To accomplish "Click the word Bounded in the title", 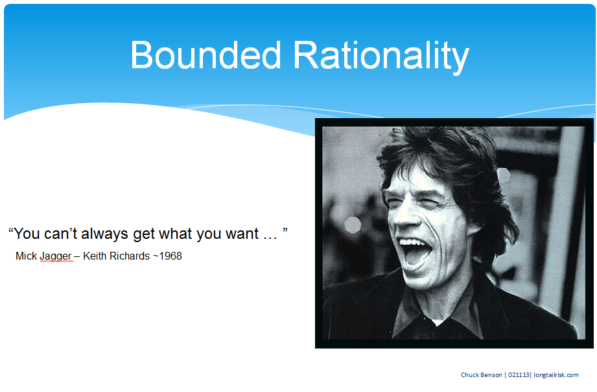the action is (205, 55).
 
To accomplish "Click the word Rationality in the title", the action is (381, 57).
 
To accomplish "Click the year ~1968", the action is (167, 256).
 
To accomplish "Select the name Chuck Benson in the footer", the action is (481, 375).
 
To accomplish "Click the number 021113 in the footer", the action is (519, 375).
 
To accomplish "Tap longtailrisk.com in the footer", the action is (556, 375).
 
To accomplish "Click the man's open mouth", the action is (416, 253).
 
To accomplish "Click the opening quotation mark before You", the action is (11, 230).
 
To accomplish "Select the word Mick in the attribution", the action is (27, 256).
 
